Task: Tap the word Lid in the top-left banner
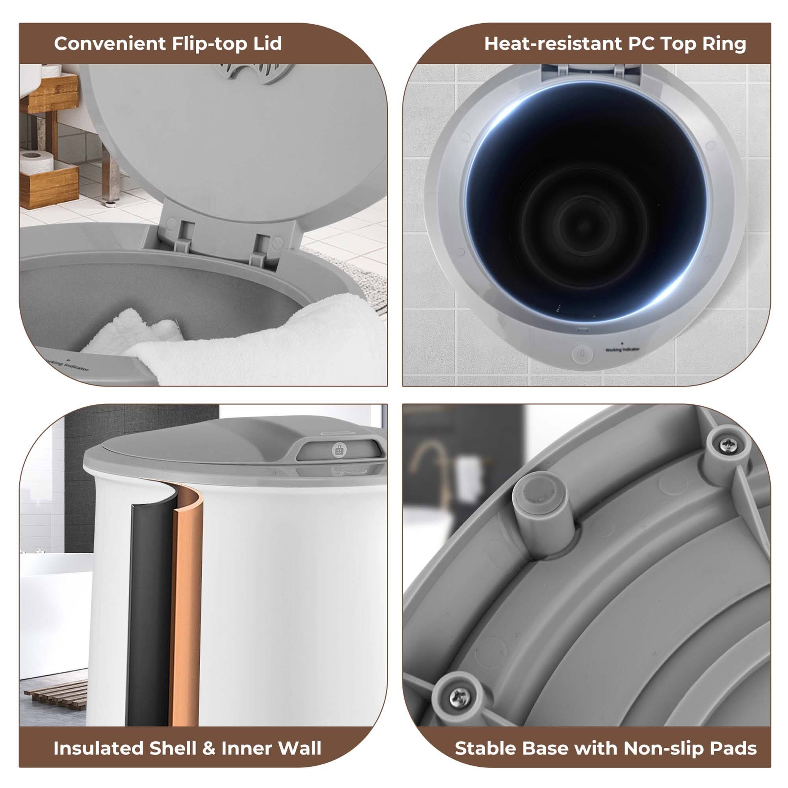click(x=268, y=43)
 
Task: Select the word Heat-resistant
click(x=553, y=43)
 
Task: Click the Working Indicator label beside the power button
click(x=623, y=349)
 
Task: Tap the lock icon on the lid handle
click(x=339, y=450)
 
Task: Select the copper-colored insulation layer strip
click(x=188, y=612)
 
